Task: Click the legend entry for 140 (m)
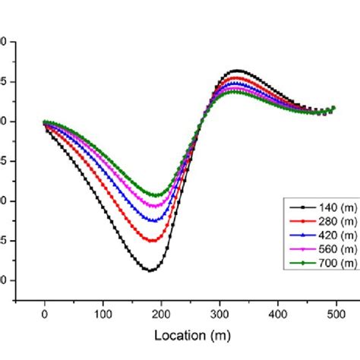pos(319,207)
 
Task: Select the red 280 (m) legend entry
pos(319,220)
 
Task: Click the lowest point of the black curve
pos(150,270)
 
